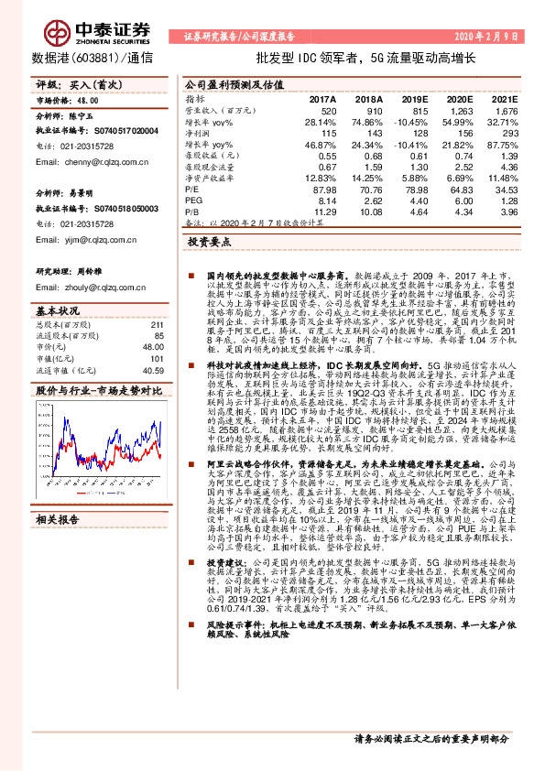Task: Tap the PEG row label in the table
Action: [x=193, y=200]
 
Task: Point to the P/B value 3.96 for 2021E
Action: [x=508, y=211]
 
